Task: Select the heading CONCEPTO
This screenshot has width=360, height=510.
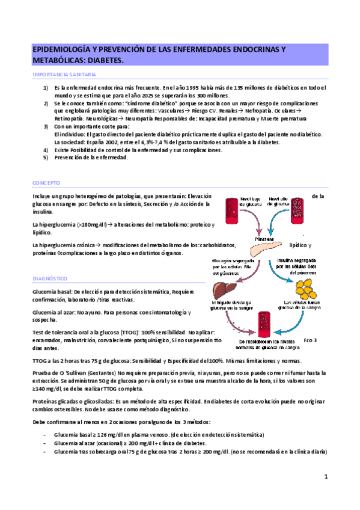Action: click(46, 182)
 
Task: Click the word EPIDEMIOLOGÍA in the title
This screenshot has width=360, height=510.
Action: click(66, 50)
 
